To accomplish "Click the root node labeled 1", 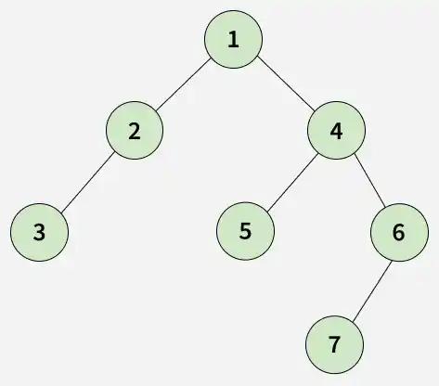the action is (234, 39).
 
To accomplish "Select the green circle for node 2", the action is (135, 130).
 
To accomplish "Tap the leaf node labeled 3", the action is (39, 232).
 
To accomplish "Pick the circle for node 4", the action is (336, 130).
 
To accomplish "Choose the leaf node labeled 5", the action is (245, 231).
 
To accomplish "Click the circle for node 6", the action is (400, 232).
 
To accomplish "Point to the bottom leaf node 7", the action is (334, 345).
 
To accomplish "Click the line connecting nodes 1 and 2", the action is (183, 84).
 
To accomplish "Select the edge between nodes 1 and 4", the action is (286, 84).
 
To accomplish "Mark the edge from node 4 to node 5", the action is (292, 183).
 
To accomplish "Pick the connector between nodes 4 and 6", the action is (369, 180).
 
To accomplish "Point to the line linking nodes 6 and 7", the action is (372, 290).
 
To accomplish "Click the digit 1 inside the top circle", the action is (234, 40).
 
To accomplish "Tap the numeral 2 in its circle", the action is (134, 132).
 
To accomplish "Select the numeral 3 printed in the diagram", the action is (39, 233).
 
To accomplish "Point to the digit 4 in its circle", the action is (336, 132).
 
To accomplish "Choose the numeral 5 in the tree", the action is (245, 231).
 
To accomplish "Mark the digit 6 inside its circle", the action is (398, 232).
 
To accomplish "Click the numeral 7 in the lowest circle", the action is (334, 344).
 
